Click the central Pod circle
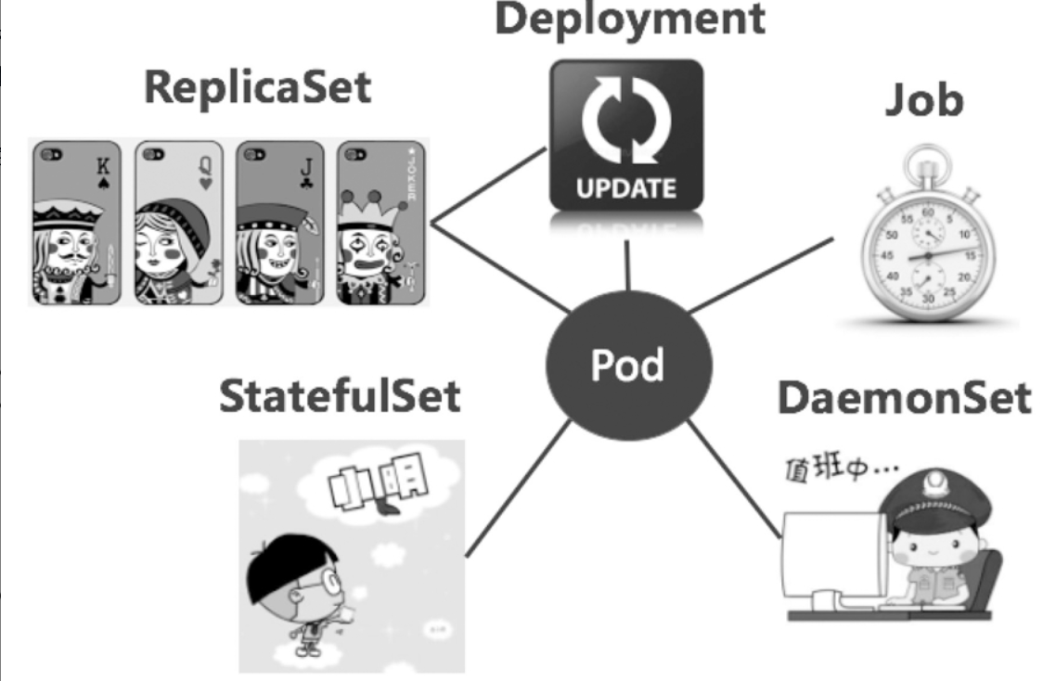628,366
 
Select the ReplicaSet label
257,90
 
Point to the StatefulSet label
339,396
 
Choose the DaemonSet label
903,398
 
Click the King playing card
79,222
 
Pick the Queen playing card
179,222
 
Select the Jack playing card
279,222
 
